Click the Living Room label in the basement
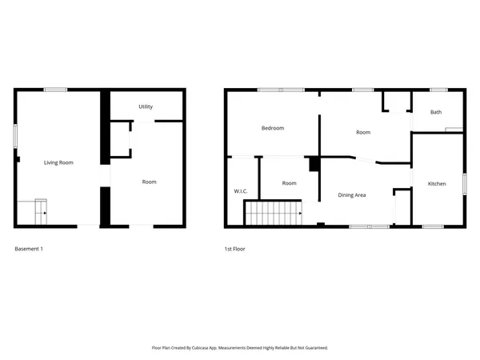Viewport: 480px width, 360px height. (58, 162)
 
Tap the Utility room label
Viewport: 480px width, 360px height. (146, 106)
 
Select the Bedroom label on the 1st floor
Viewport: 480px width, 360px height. (273, 128)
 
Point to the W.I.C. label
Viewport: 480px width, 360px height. (240, 191)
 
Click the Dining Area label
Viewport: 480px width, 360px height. (352, 194)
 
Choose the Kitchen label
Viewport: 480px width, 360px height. (437, 184)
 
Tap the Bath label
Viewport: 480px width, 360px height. (436, 112)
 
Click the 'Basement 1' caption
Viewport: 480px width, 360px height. (29, 249)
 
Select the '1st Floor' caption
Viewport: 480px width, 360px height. (235, 249)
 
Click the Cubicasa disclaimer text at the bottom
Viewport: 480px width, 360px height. (240, 348)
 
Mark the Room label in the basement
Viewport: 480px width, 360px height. (149, 182)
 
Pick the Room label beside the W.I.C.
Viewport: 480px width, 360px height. (290, 183)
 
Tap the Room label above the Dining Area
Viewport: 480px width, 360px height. (363, 132)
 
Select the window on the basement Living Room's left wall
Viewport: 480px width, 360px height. (15, 135)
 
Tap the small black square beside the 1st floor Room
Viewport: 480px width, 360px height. (314, 163)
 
